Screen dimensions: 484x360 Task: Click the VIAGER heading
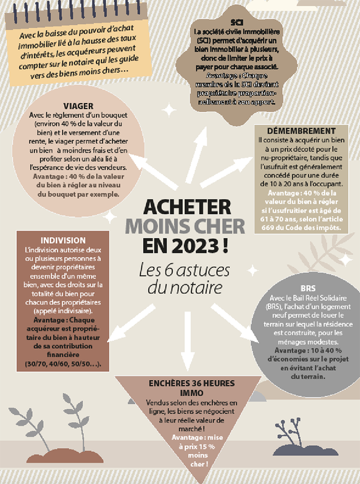point(78,105)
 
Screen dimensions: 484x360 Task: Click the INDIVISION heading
point(63,241)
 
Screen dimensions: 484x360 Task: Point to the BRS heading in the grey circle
point(307,288)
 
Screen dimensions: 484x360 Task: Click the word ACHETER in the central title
point(186,207)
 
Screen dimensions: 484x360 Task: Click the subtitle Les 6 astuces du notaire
point(184,279)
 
